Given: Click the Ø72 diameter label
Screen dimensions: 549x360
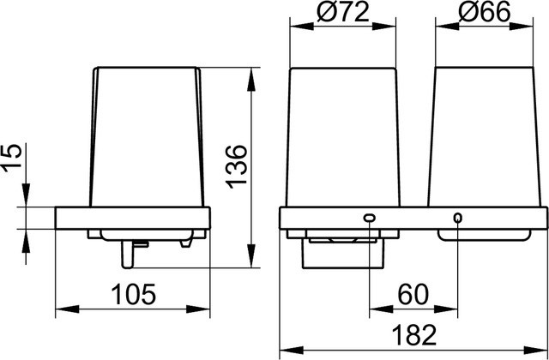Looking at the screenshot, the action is click(343, 14).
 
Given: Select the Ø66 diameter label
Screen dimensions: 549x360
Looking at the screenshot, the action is click(484, 14).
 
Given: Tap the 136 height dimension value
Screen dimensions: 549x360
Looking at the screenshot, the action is click(237, 167).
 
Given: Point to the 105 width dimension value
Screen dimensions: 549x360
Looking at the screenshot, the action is click(133, 294).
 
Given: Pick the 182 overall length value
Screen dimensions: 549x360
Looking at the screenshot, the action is click(413, 335).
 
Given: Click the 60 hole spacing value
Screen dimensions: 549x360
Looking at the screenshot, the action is click(413, 294).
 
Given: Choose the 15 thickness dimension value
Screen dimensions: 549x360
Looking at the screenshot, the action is click(11, 158).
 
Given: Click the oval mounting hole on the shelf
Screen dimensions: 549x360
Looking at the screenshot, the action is click(370, 218).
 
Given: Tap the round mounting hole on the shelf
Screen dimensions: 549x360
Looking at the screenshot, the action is click(457, 218).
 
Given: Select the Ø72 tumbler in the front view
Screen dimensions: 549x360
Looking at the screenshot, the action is click(343, 137).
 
